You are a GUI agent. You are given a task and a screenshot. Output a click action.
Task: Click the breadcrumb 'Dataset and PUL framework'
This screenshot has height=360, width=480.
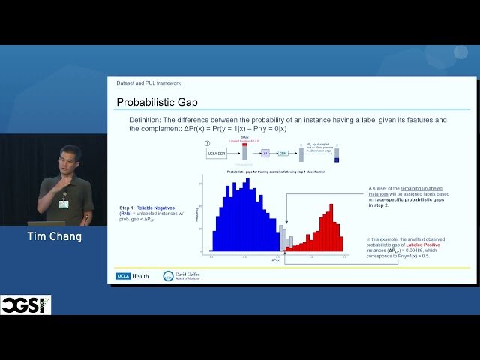148,82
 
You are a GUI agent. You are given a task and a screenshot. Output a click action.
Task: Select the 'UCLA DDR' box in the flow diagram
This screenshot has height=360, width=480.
217,153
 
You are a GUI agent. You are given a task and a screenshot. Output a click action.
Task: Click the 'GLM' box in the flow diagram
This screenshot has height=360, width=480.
283,153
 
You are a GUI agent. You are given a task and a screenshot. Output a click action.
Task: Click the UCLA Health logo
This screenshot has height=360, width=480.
133,276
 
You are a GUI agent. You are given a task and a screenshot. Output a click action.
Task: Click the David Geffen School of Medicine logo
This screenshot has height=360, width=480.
183,276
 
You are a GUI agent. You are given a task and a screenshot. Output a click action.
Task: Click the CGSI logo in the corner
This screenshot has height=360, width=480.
25,305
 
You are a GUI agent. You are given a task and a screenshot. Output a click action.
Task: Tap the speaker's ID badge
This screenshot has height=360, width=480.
64,204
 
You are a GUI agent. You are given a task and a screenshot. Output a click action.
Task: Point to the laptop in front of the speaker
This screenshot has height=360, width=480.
45,223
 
